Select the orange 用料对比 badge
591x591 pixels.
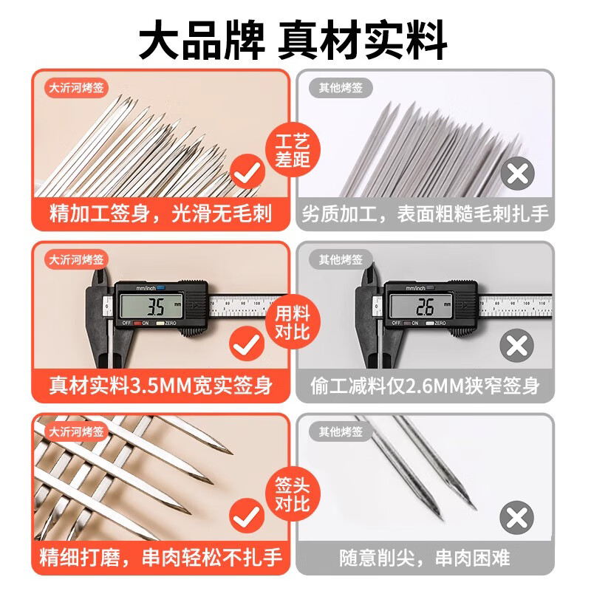pos(292,322)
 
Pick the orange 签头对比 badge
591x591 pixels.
pos(292,493)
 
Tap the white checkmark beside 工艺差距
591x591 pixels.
pos(248,174)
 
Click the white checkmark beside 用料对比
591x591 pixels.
pos(248,345)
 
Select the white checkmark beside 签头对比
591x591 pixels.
pos(248,516)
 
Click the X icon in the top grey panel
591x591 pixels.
pos(518,174)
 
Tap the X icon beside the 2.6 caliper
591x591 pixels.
pos(518,345)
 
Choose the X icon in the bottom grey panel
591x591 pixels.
pos(518,516)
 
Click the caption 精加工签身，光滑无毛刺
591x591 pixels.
pos(160,214)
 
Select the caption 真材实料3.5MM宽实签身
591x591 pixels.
pos(160,385)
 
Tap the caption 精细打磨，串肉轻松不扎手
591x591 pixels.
pos(160,556)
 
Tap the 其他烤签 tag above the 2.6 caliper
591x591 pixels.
pos(341,259)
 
